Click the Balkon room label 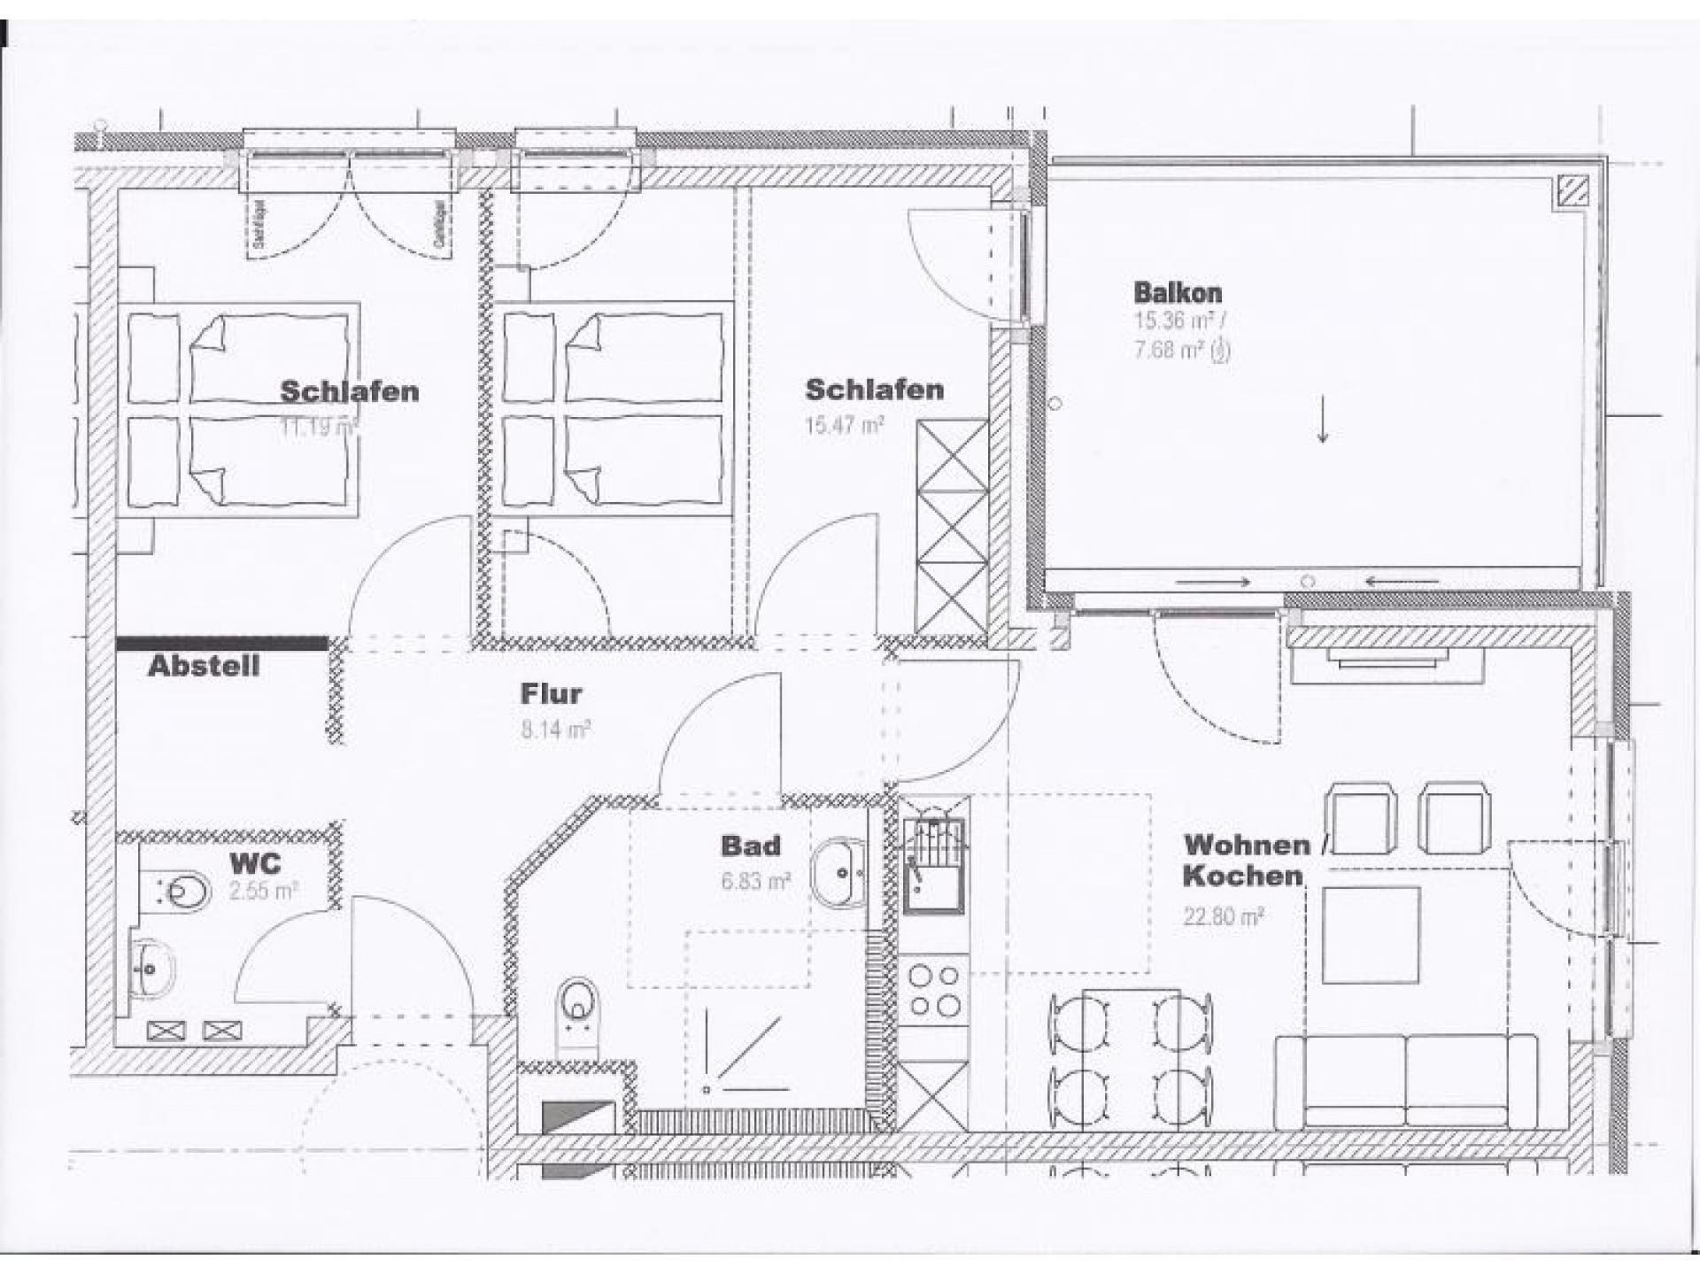click(x=1178, y=292)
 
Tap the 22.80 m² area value click(x=1223, y=916)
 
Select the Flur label click(x=551, y=693)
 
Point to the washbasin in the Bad click(x=838, y=873)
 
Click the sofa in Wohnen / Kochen click(x=1406, y=1082)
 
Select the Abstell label click(x=204, y=667)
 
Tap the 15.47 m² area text click(x=844, y=425)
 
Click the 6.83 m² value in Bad click(x=755, y=882)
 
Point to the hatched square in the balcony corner click(x=1572, y=189)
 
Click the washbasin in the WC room click(x=152, y=968)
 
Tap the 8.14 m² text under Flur click(x=555, y=730)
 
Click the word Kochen click(x=1242, y=877)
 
